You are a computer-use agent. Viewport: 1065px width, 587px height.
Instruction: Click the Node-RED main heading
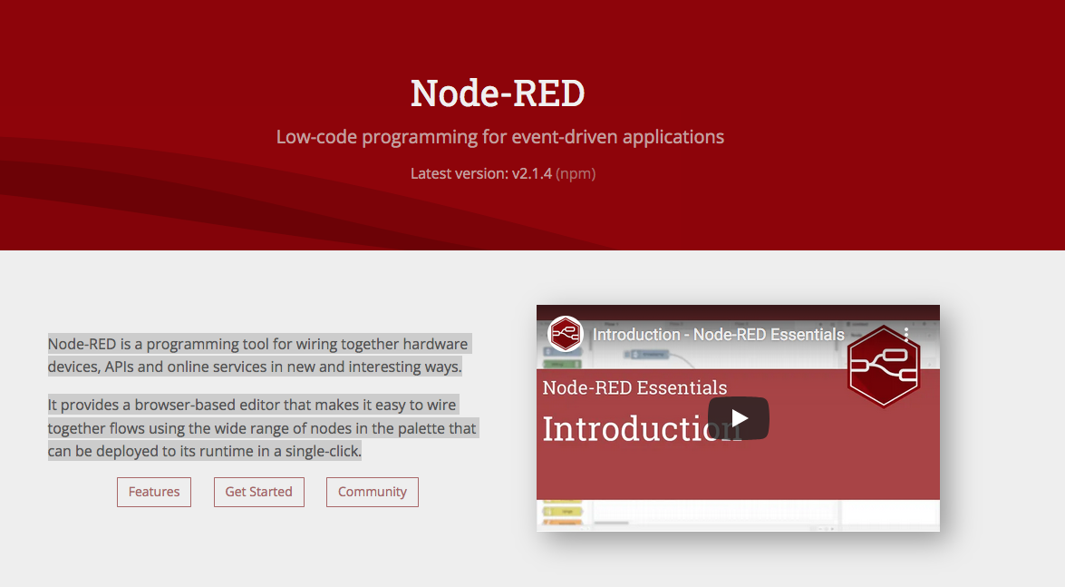[498, 93]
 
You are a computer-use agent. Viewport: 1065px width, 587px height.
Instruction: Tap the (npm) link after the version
[576, 173]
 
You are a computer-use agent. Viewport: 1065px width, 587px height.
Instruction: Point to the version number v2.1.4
[532, 173]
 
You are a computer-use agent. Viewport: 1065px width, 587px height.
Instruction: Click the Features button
[154, 492]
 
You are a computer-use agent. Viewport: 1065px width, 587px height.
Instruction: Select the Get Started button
[259, 492]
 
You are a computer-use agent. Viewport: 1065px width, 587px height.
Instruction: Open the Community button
[373, 492]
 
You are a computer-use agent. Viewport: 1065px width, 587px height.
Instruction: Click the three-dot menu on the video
[906, 334]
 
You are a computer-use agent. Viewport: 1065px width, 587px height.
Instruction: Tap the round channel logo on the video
[565, 334]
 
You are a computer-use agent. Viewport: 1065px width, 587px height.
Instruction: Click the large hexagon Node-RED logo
[883, 366]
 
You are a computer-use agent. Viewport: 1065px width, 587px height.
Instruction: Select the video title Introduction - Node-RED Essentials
[718, 335]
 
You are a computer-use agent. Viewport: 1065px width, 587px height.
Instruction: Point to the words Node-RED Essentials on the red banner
[634, 387]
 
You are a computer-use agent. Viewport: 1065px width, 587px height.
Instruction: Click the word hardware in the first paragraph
[435, 344]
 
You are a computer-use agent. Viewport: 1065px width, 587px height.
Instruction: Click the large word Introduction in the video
[642, 428]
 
